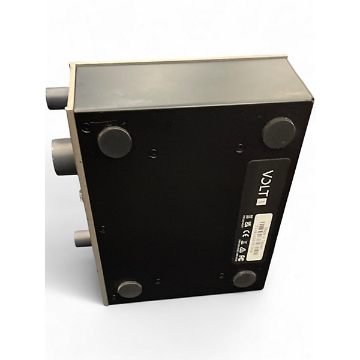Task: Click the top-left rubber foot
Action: point(115,142)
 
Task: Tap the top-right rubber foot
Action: point(279,132)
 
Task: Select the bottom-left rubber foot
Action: point(129,289)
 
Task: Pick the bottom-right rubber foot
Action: point(244,278)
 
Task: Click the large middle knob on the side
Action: point(63,157)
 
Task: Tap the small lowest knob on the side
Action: point(82,238)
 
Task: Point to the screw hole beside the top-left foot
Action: point(87,127)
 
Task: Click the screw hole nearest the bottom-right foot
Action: point(223,275)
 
